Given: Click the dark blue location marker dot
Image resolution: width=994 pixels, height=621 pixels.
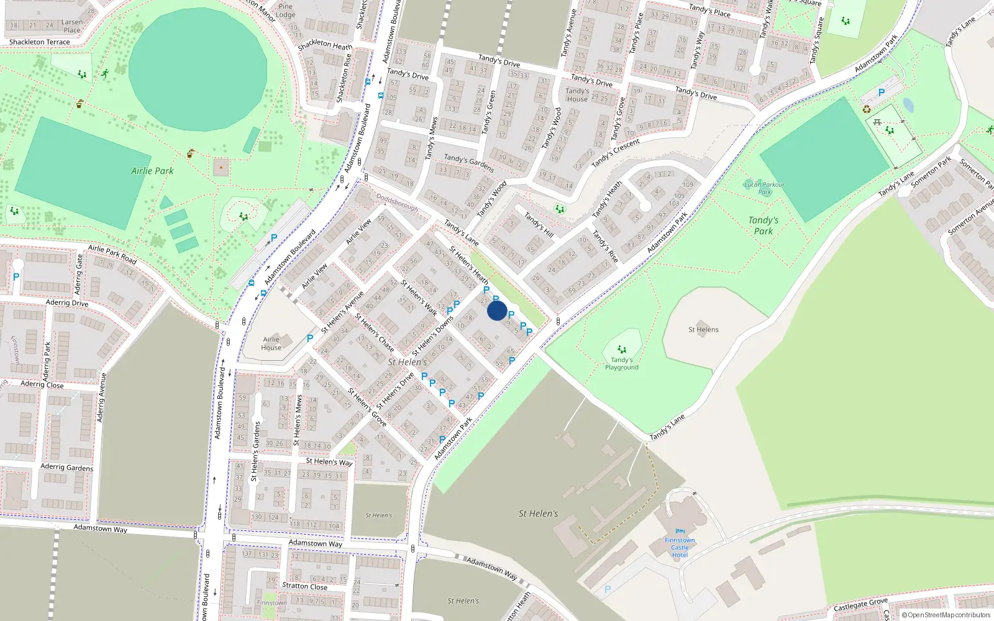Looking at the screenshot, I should [496, 310].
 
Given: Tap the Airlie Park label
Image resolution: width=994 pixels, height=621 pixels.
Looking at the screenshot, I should [152, 171].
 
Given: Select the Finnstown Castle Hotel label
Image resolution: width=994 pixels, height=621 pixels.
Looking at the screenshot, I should [680, 548].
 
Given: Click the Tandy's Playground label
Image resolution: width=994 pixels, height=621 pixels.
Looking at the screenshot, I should [621, 364].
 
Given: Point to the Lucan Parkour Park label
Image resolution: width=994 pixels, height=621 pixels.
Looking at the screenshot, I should [764, 188].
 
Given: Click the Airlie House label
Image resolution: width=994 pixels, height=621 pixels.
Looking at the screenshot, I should [271, 343].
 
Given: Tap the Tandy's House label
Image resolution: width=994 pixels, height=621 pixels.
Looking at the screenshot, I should [577, 95].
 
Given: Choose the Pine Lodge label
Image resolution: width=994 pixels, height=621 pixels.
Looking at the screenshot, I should [285, 11].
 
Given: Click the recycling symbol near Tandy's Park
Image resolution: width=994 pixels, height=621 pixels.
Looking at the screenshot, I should [867, 110].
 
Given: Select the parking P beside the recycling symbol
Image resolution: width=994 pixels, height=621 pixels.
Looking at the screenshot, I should [881, 93].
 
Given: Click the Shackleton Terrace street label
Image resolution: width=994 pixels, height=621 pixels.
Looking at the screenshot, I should [39, 42].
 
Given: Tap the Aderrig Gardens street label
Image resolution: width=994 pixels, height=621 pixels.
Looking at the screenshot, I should [66, 467].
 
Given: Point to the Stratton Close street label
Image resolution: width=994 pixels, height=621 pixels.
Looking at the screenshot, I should [304, 586].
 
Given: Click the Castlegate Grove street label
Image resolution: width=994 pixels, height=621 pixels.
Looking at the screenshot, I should [860, 605].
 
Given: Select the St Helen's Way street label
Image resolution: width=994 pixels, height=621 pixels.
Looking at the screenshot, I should [329, 461].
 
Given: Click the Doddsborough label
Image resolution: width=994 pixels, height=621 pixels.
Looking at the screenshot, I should [397, 202].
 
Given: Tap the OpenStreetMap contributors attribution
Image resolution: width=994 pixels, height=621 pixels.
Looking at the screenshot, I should [946, 615].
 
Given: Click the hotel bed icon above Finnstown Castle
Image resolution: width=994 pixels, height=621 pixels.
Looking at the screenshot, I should [680, 532].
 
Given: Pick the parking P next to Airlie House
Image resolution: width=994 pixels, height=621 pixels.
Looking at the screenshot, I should [310, 338].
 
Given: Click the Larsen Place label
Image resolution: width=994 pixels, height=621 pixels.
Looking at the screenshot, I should [72, 26].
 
